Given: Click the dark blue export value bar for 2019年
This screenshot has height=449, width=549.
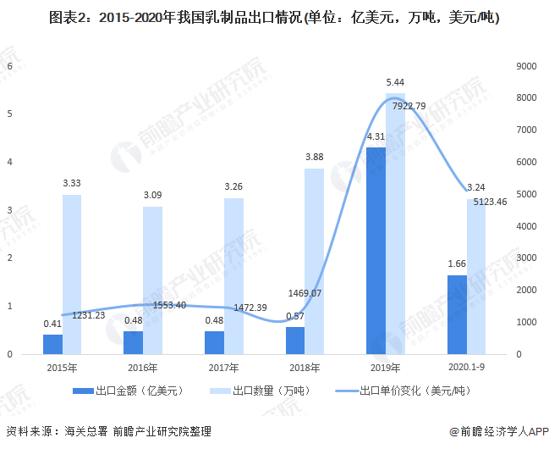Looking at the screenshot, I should pos(376,250).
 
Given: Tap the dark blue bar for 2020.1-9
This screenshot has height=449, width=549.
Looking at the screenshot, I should pos(457,313).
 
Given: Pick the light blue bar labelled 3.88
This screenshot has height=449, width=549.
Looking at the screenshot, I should pos(314,260).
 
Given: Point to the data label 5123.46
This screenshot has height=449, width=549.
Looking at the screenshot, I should pos(483,202).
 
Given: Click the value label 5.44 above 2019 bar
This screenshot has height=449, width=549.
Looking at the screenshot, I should pos(394,82).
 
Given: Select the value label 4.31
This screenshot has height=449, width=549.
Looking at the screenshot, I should pos(376,136).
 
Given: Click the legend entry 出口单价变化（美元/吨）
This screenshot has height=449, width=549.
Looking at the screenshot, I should pos(409,391).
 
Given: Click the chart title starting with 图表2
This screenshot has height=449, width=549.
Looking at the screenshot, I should pos(274,15).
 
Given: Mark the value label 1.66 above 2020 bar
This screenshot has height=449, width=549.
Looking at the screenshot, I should pos(457,264).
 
